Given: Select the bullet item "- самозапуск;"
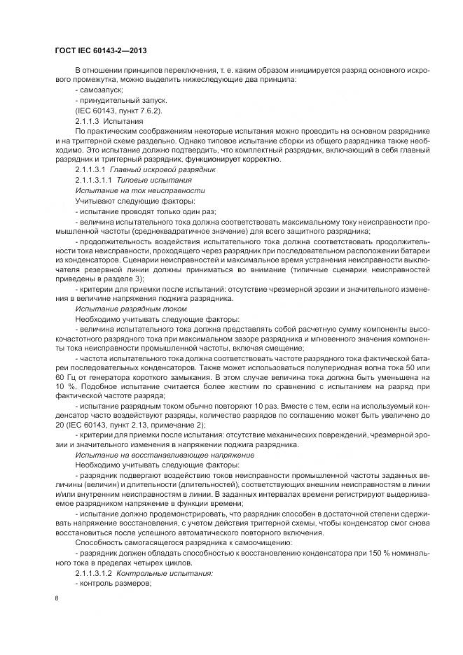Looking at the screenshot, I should point(99,90).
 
